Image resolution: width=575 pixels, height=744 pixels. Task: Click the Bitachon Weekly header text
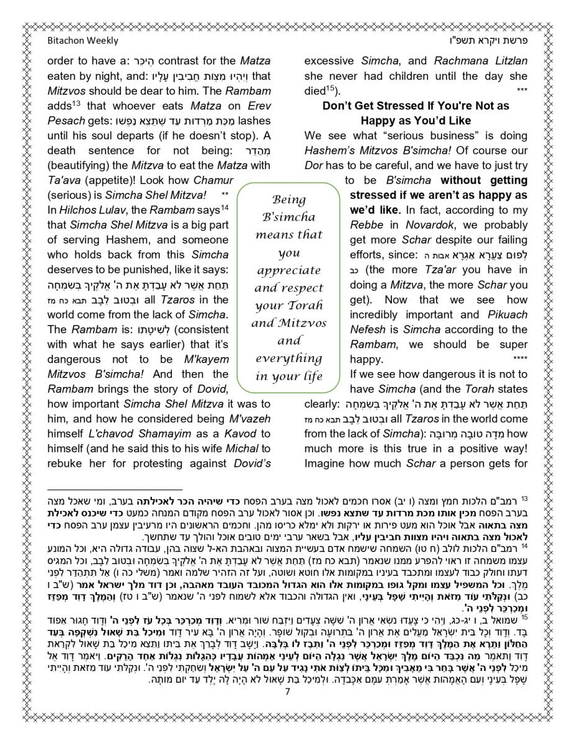(x=82, y=41)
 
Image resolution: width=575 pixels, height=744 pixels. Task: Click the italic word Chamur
(x=213, y=180)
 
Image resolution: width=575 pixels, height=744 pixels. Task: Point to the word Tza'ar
(x=460, y=270)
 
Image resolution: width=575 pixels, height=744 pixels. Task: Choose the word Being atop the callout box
(x=289, y=200)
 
